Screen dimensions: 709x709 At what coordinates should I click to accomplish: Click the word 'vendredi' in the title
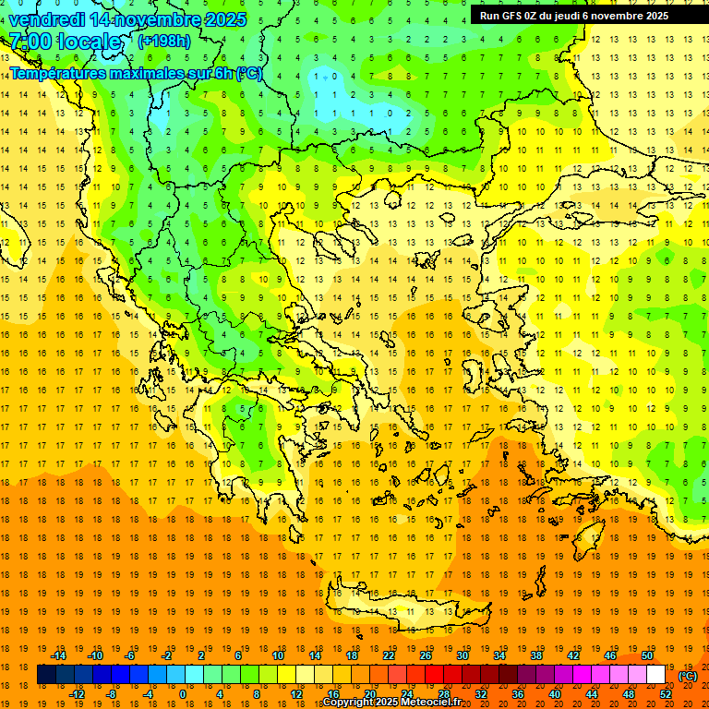[47, 19]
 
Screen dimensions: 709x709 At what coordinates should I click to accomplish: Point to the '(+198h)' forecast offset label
[164, 41]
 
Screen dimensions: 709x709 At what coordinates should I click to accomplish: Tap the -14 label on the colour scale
[58, 655]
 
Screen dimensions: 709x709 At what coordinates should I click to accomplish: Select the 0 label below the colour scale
[182, 694]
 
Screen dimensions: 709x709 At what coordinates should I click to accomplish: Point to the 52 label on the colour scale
[666, 694]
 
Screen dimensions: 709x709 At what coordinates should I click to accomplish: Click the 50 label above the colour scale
[647, 655]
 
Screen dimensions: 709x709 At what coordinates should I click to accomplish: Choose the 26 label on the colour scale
[427, 655]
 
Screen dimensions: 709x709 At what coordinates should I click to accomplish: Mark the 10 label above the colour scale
[278, 655]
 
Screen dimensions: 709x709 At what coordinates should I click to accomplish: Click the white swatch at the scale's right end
[655, 675]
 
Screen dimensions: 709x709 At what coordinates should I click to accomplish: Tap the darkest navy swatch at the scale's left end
[46, 675]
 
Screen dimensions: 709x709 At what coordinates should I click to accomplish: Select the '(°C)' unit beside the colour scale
[688, 675]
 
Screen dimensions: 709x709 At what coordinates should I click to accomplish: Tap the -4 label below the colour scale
[146, 694]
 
